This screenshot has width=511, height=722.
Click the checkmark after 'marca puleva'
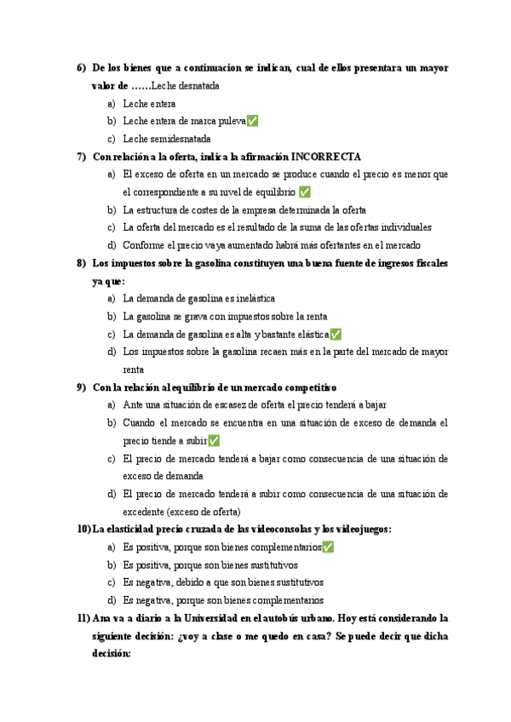coord(252,121)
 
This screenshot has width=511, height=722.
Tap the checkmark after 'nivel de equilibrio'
coord(305,192)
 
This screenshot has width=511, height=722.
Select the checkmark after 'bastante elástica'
coord(336,335)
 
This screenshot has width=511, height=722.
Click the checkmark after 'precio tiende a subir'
coord(214,441)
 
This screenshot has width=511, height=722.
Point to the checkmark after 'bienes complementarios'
coord(328,547)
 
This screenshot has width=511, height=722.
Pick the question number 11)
coord(83,618)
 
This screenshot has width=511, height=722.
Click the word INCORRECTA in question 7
coord(326,157)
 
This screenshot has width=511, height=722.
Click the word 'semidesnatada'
coord(180,139)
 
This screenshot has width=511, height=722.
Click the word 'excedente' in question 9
coord(145,512)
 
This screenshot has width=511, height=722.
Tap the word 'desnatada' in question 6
coord(196,86)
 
